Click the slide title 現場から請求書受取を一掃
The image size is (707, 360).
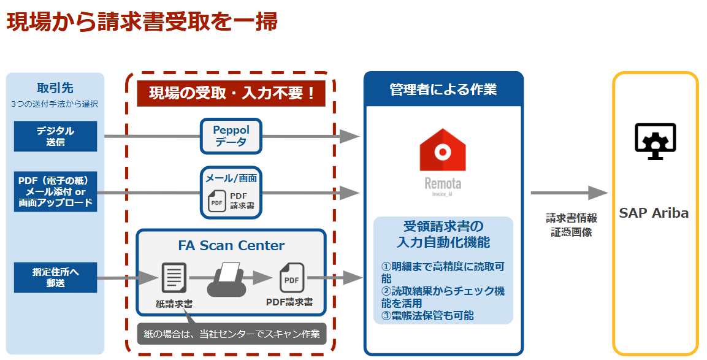[x=142, y=21]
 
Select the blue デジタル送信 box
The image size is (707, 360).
[x=55, y=136]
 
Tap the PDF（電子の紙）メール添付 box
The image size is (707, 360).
[x=55, y=191]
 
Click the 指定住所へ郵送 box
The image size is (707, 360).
[x=55, y=277]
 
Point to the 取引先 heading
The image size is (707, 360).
[x=55, y=87]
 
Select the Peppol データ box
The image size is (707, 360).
[x=231, y=136]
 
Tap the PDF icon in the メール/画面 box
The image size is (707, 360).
[x=216, y=202]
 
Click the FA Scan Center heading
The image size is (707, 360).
[x=231, y=246]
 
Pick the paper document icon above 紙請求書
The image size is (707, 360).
[x=174, y=278]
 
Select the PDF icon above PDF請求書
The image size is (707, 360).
[x=291, y=278]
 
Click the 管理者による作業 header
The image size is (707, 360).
[x=443, y=90]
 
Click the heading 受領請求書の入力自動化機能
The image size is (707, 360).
[x=443, y=234]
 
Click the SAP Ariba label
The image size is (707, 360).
[x=654, y=213]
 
